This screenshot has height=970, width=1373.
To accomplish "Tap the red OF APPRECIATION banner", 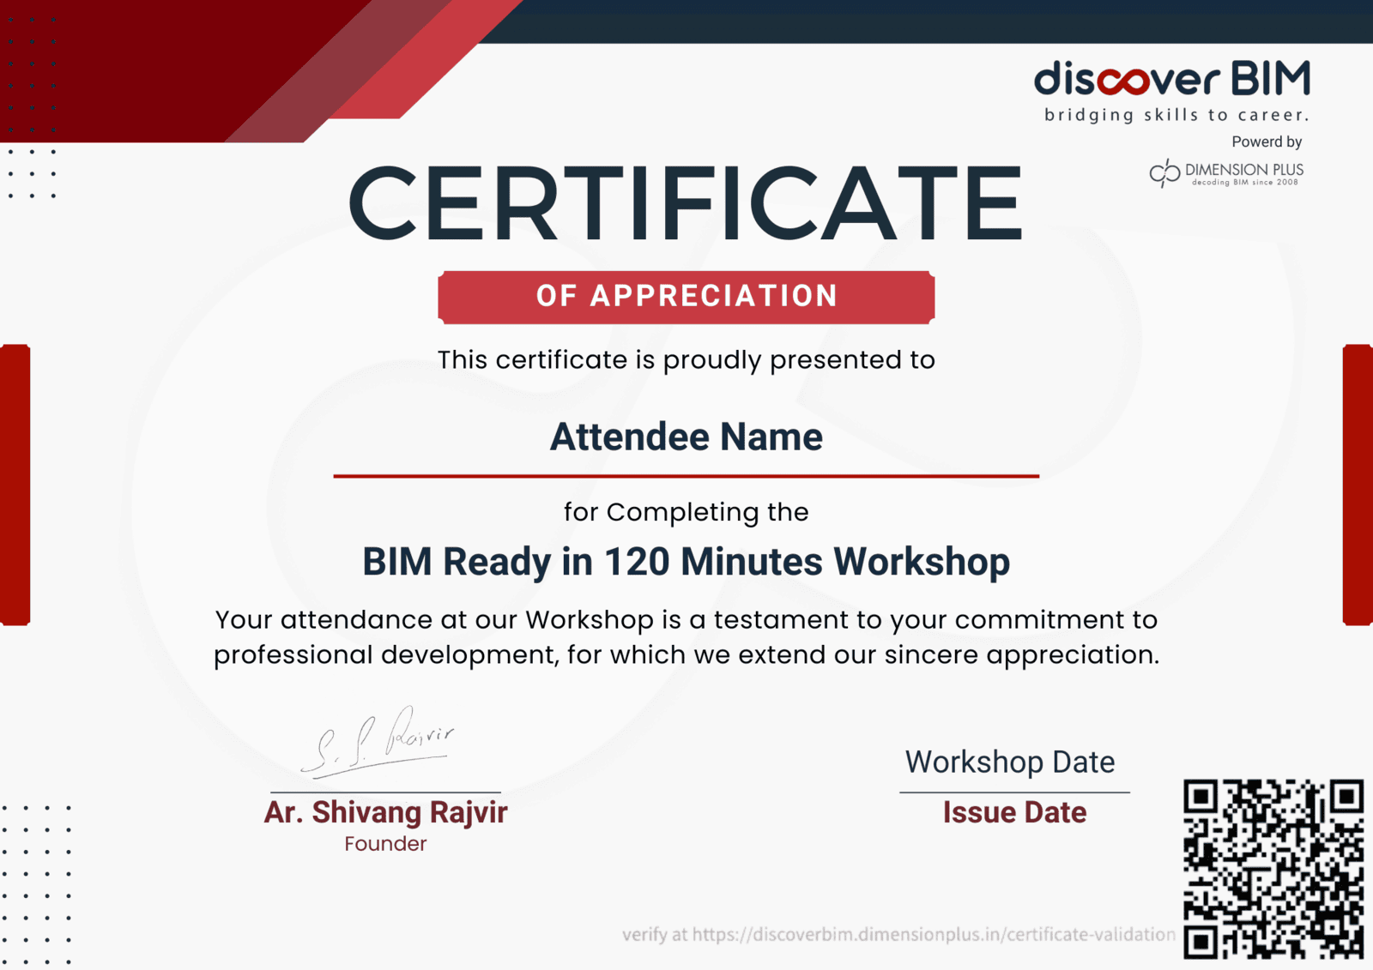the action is tap(686, 298).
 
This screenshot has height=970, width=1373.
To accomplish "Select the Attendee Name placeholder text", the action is tap(686, 437).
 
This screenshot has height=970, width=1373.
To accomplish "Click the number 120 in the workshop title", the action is tap(637, 561).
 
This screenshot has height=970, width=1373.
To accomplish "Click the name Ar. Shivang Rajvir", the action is tap(385, 812).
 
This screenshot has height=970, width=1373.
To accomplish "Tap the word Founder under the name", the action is tap(385, 844).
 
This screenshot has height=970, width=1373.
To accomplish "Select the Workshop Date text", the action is tap(1010, 762).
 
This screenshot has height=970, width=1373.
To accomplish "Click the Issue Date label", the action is tap(1014, 812).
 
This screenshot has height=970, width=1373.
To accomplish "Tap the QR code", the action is tap(1273, 869).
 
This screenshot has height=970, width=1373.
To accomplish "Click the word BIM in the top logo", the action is tap(1271, 78).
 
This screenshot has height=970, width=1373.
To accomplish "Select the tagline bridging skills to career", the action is tap(1176, 115).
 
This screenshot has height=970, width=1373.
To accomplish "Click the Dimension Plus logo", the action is tap(1226, 173).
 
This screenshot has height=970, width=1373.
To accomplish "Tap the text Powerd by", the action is tap(1267, 142).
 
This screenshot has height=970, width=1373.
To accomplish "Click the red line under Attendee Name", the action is tap(686, 475).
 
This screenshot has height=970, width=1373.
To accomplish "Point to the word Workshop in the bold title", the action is tap(922, 562).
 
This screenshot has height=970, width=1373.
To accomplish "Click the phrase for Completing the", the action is tap(686, 512).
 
